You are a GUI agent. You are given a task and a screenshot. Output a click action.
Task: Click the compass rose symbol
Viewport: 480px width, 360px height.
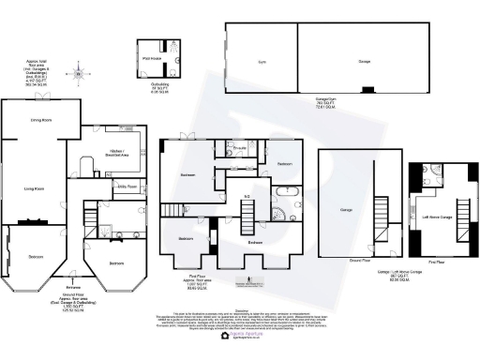tap(80, 72)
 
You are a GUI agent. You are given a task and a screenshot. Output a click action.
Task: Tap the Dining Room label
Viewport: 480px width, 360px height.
tap(40, 120)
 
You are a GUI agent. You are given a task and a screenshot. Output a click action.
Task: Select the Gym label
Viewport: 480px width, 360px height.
tap(261, 61)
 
